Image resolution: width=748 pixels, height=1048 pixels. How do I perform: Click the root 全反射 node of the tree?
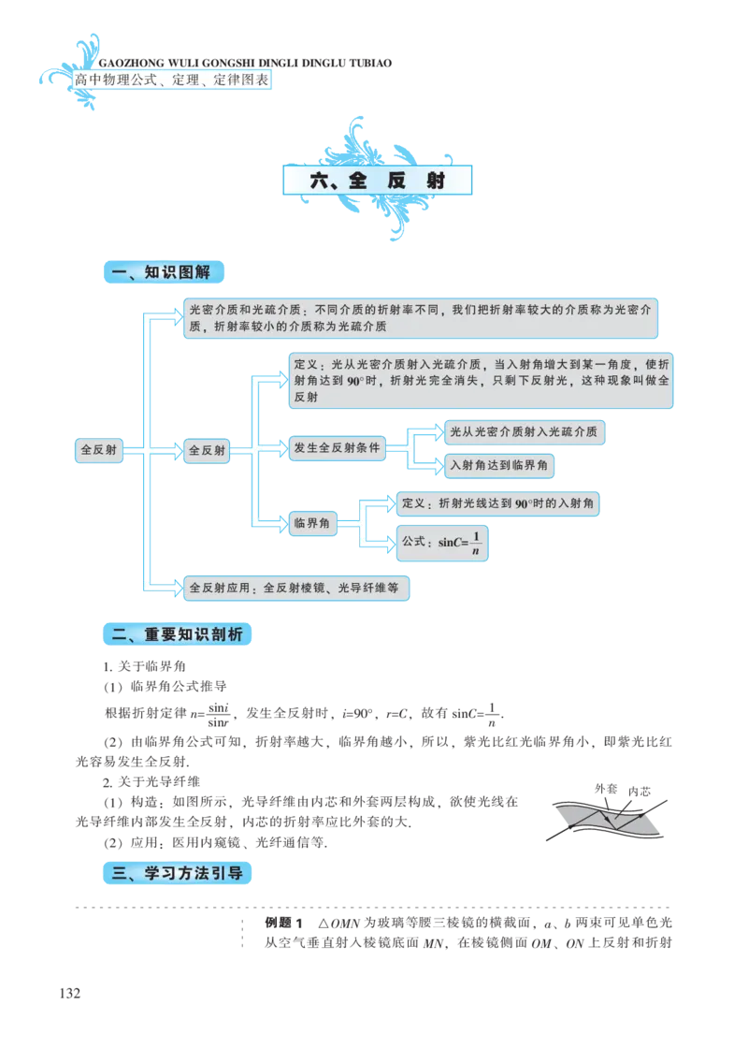[x=99, y=450]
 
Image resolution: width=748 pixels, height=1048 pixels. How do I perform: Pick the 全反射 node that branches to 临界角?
[x=207, y=450]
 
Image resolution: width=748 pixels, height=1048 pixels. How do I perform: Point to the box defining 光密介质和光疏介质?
[x=421, y=319]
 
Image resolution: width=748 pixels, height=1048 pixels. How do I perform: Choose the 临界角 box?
[x=312, y=523]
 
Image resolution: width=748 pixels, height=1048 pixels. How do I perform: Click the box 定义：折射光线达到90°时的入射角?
[x=496, y=503]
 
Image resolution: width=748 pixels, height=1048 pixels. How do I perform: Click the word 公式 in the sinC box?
[x=412, y=542]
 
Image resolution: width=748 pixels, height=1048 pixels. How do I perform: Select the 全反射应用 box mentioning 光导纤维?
[x=295, y=589]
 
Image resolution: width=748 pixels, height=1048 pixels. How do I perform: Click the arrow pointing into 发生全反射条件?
[x=273, y=450]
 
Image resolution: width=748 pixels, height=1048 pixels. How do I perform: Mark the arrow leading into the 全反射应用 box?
[x=165, y=588]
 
